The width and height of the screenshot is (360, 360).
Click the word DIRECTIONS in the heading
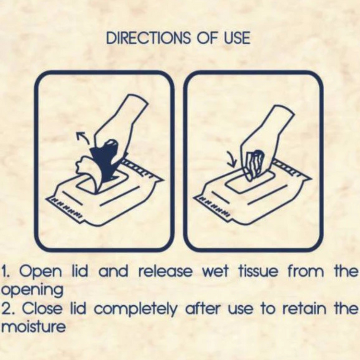pyautogui.click(x=148, y=38)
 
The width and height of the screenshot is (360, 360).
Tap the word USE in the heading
pyautogui.click(x=237, y=38)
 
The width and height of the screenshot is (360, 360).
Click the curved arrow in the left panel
pyautogui.click(x=83, y=138)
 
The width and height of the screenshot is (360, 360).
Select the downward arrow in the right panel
pyautogui.click(x=232, y=159)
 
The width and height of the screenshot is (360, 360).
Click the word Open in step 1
pyautogui.click(x=41, y=271)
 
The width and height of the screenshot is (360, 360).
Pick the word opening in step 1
pyautogui.click(x=32, y=290)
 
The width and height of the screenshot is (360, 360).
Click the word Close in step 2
pyautogui.click(x=42, y=308)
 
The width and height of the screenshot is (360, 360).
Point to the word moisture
pyautogui.click(x=34, y=326)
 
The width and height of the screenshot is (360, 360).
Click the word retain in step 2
pyautogui.click(x=304, y=308)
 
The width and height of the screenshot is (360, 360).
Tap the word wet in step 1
pyautogui.click(x=216, y=272)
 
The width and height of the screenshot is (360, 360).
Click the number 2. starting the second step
pyautogui.click(x=9, y=308)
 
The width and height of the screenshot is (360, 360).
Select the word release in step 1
pyautogui.click(x=165, y=271)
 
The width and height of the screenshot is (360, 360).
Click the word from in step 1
pyautogui.click(x=306, y=271)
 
